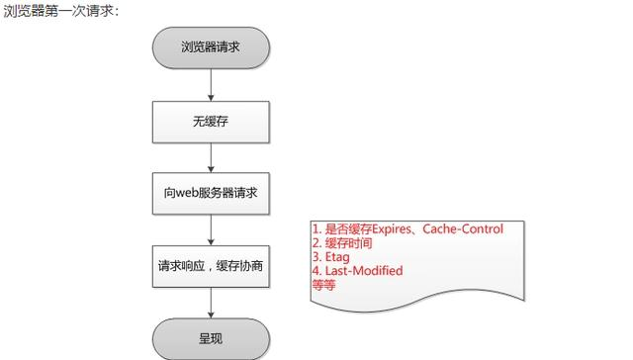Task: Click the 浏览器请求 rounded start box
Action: click(x=211, y=46)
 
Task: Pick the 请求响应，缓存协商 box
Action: click(x=211, y=267)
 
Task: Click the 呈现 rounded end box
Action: click(x=211, y=338)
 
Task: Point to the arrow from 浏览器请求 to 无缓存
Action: click(x=211, y=84)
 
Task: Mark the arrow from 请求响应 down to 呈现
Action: click(x=211, y=304)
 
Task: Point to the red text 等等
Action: click(x=324, y=284)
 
